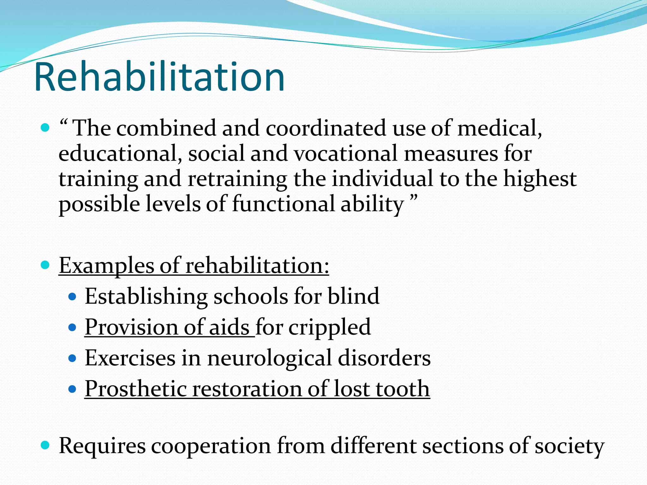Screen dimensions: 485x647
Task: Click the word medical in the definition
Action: (x=499, y=129)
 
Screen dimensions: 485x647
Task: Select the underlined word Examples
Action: (x=106, y=266)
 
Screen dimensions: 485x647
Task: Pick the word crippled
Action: (x=329, y=327)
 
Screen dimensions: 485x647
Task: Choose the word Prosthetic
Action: (x=136, y=389)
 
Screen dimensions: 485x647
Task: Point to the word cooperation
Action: (x=211, y=446)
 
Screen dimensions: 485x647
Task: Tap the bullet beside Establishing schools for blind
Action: (x=72, y=297)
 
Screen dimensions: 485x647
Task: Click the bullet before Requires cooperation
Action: (x=45, y=445)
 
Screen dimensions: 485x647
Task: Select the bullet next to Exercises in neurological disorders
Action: (x=72, y=358)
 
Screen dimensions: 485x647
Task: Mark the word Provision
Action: (x=131, y=327)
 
